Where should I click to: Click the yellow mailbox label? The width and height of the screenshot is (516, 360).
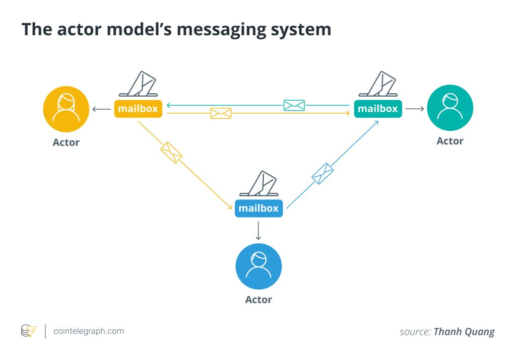pyautogui.click(x=138, y=108)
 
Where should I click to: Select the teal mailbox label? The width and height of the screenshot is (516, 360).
pyautogui.click(x=377, y=108)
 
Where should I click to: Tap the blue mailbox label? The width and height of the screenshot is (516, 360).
pyautogui.click(x=258, y=208)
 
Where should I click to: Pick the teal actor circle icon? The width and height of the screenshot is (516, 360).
pyautogui.click(x=449, y=108)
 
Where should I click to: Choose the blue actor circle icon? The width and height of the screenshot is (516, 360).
pyautogui.click(x=259, y=266)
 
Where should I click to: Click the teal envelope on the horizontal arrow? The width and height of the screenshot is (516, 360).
pyautogui.click(x=294, y=105)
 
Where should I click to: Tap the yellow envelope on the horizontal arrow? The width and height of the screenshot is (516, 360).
pyautogui.click(x=221, y=113)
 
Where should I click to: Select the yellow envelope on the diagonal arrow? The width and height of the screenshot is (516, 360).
pyautogui.click(x=171, y=153)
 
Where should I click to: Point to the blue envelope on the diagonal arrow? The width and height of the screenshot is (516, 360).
pyautogui.click(x=322, y=174)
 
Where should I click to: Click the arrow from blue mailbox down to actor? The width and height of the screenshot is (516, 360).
pyautogui.click(x=259, y=230)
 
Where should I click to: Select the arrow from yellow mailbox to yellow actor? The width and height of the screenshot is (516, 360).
pyautogui.click(x=101, y=109)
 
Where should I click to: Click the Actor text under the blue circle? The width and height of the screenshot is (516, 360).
pyautogui.click(x=259, y=300)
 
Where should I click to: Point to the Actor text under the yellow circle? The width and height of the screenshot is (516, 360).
pyautogui.click(x=66, y=142)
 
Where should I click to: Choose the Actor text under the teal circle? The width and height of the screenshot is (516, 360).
pyautogui.click(x=449, y=141)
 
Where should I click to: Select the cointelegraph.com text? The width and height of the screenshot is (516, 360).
pyautogui.click(x=88, y=331)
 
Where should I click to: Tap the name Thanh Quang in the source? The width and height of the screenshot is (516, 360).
pyautogui.click(x=464, y=331)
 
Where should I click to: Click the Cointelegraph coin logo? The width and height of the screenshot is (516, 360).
pyautogui.click(x=28, y=331)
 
